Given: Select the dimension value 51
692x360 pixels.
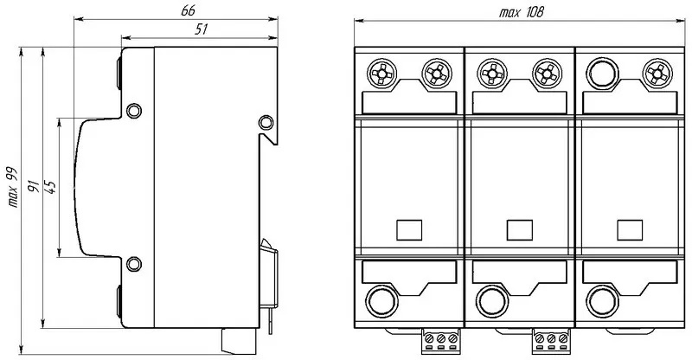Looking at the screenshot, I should [202, 29].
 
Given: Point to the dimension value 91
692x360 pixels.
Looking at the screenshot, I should [32, 185].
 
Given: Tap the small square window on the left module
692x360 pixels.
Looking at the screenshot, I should [408, 229].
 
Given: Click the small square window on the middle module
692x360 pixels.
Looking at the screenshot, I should [517, 229].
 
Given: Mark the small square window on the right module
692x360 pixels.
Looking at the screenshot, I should [627, 229].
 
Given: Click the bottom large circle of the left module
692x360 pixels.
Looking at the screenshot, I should [380, 302].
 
